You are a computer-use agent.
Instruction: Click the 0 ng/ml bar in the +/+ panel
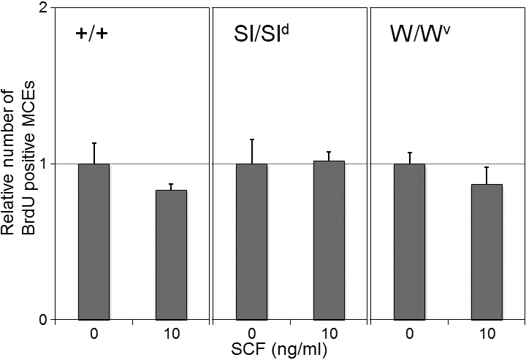94,241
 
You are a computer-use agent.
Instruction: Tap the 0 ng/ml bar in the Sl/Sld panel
251,241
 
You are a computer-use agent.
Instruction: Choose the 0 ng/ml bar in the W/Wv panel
409,241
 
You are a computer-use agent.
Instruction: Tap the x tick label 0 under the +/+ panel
94,334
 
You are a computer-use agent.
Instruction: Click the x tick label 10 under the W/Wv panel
487,334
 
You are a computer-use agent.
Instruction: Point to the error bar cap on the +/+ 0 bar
94,143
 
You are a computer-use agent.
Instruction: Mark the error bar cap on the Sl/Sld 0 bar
251,139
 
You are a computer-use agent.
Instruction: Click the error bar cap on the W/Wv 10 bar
487,167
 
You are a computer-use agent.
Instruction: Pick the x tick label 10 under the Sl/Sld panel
329,334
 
